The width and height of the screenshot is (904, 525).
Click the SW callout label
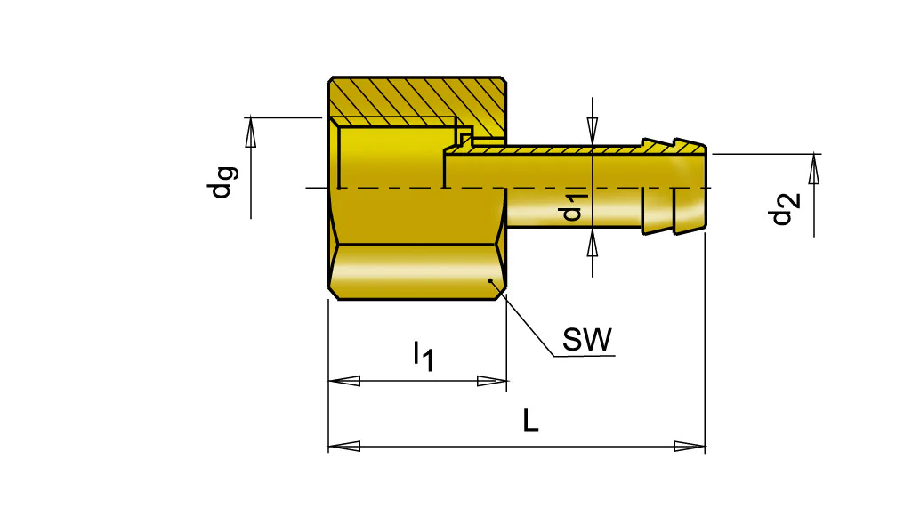pyautogui.click(x=586, y=339)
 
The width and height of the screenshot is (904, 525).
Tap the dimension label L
pyautogui.click(x=530, y=421)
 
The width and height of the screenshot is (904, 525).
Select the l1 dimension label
pyautogui.click(x=423, y=356)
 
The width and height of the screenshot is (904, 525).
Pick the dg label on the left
pyautogui.click(x=222, y=182)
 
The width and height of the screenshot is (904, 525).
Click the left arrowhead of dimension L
pyautogui.click(x=343, y=446)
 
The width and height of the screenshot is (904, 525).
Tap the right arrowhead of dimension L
pyautogui.click(x=690, y=446)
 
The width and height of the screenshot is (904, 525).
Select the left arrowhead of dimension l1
pyautogui.click(x=343, y=381)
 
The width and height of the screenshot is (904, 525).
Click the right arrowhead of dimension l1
pyautogui.click(x=492, y=381)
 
